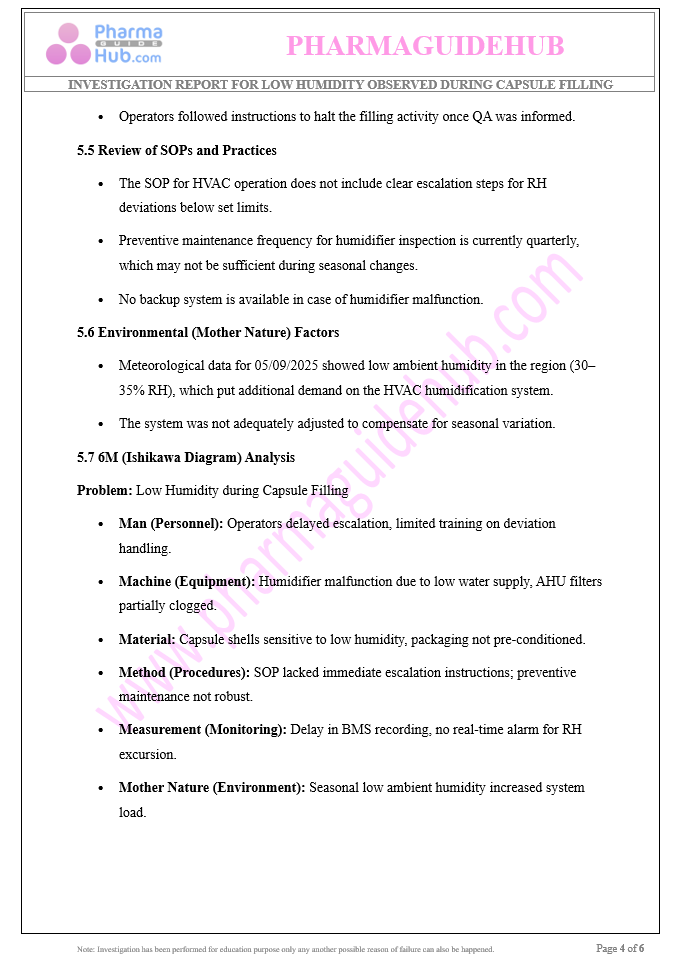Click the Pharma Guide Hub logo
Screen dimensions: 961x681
[103, 44]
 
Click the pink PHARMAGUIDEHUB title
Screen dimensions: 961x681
[425, 46]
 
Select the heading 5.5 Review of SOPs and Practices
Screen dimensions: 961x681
[177, 150]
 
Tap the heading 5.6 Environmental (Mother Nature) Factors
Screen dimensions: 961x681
[208, 332]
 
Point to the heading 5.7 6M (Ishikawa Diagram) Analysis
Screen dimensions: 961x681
[186, 457]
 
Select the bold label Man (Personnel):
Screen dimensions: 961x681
[171, 523]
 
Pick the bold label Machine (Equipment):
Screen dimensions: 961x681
[187, 581]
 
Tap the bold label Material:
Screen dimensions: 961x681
[147, 639]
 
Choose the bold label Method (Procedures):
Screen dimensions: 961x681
[184, 672]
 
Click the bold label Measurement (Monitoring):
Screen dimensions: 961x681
[203, 729]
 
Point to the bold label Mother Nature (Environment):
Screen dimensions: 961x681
[212, 787]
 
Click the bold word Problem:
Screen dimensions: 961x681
[104, 490]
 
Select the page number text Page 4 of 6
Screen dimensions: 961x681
[620, 948]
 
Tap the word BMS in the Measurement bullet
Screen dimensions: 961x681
[357, 729]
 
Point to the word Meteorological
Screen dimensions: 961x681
[164, 365]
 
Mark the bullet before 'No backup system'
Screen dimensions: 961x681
[102, 299]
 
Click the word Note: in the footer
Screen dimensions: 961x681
[86, 949]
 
